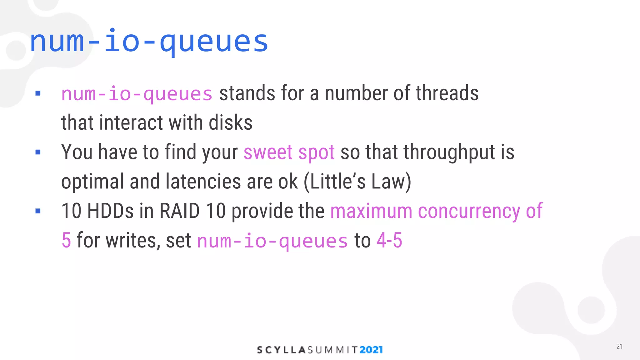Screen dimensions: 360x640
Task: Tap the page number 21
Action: pyautogui.click(x=619, y=347)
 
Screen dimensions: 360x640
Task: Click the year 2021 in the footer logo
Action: pyautogui.click(x=371, y=350)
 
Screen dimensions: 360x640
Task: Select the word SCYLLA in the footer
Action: pyautogui.click(x=281, y=350)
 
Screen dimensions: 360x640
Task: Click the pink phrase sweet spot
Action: pyautogui.click(x=289, y=152)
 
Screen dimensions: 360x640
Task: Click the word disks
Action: pyautogui.click(x=231, y=122)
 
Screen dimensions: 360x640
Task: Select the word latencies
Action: pyautogui.click(x=203, y=182)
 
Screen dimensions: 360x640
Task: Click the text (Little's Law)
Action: pyautogui.click(x=357, y=182)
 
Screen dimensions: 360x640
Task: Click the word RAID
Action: pyautogui.click(x=179, y=211)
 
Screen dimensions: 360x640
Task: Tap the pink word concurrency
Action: pyautogui.click(x=469, y=211)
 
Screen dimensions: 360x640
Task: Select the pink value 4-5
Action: pyautogui.click(x=389, y=240)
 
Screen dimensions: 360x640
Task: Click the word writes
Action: pyautogui.click(x=133, y=240)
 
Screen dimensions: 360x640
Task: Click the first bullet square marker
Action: pyautogui.click(x=38, y=93)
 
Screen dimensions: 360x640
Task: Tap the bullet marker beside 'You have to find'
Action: pyautogui.click(x=38, y=152)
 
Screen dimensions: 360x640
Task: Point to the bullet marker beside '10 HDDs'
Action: pyautogui.click(x=38, y=211)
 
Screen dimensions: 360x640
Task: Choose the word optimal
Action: pyautogui.click(x=92, y=182)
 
